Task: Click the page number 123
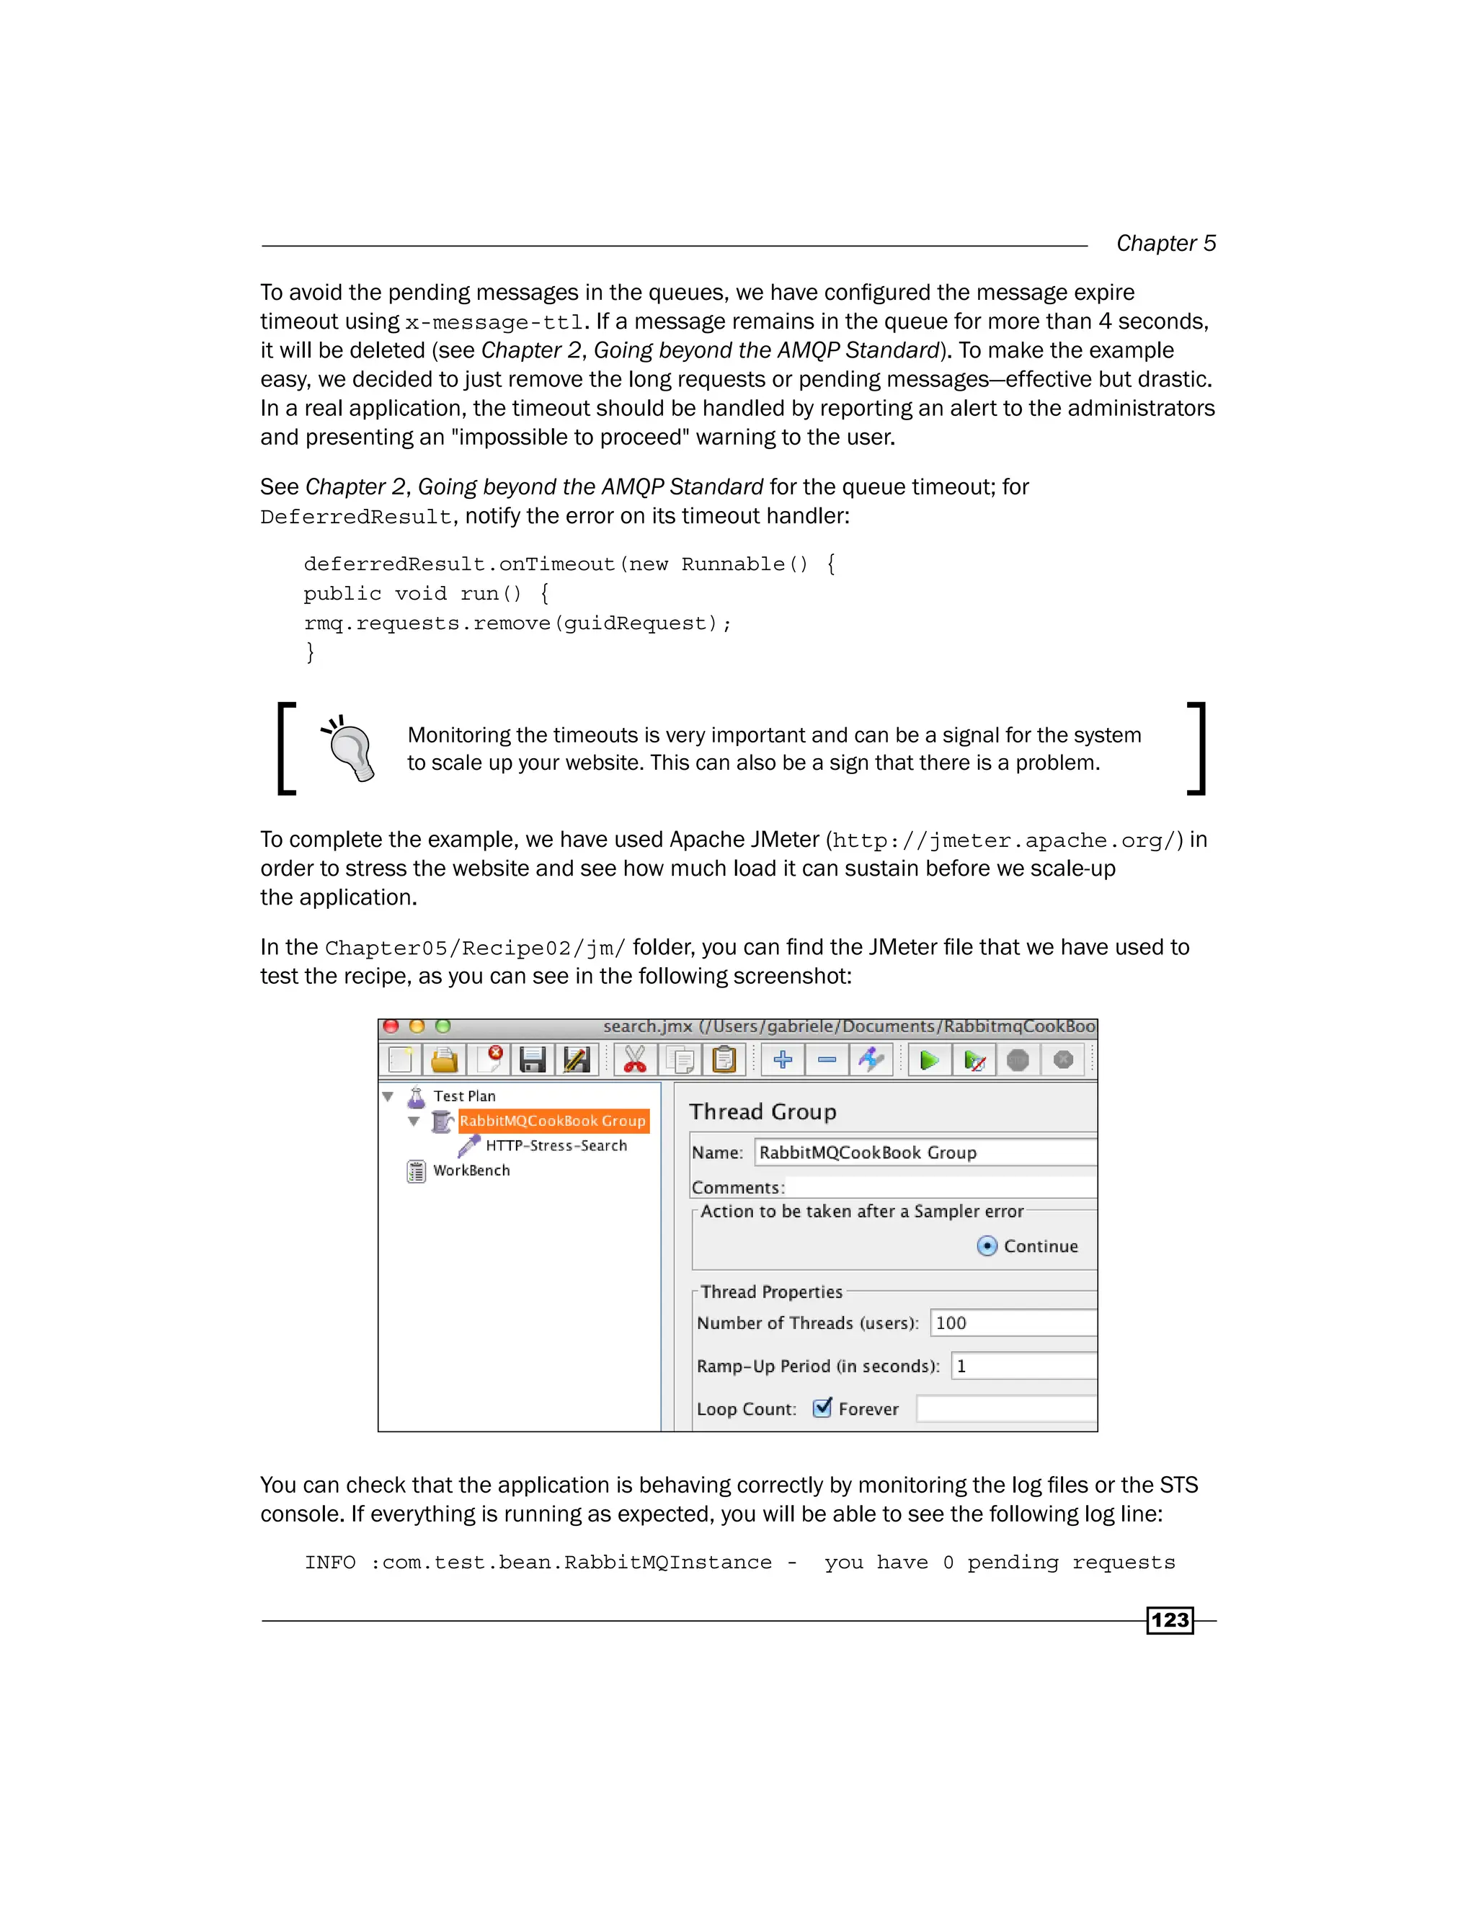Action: pyautogui.click(x=1169, y=1620)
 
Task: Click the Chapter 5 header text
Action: pyautogui.click(x=1165, y=243)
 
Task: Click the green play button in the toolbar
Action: pyautogui.click(x=928, y=1061)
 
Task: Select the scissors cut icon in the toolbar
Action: pyautogui.click(x=635, y=1061)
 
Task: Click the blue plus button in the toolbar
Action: pyautogui.click(x=783, y=1061)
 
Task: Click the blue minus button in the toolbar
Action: pyautogui.click(x=827, y=1061)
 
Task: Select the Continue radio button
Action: pyautogui.click(x=987, y=1246)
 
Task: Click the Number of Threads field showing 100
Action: pyautogui.click(x=1012, y=1323)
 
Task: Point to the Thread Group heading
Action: pyautogui.click(x=763, y=1111)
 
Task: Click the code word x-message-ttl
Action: pyautogui.click(x=493, y=323)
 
